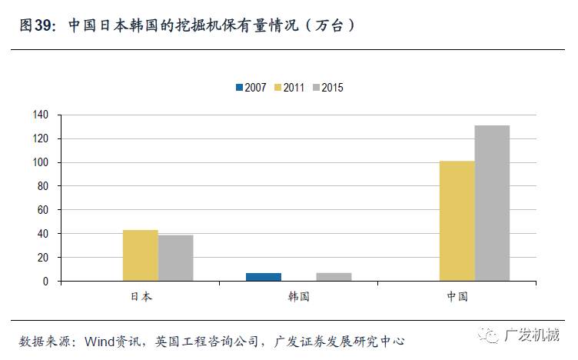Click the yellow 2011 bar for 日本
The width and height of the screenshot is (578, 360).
point(140,255)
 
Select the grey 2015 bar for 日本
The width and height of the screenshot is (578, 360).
point(175,258)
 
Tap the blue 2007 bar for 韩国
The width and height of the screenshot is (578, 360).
point(264,277)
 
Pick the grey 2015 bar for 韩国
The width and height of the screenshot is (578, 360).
point(334,277)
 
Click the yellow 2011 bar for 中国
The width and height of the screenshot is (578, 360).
point(457,221)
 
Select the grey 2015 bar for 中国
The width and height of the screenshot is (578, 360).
point(492,203)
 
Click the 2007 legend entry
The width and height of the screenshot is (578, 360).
point(251,88)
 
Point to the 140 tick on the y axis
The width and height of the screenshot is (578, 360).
point(41,115)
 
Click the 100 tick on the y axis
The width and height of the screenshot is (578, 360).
point(41,163)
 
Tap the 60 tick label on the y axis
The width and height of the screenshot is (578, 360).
point(43,210)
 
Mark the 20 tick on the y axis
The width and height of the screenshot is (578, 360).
point(43,258)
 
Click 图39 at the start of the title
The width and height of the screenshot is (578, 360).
point(36,25)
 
